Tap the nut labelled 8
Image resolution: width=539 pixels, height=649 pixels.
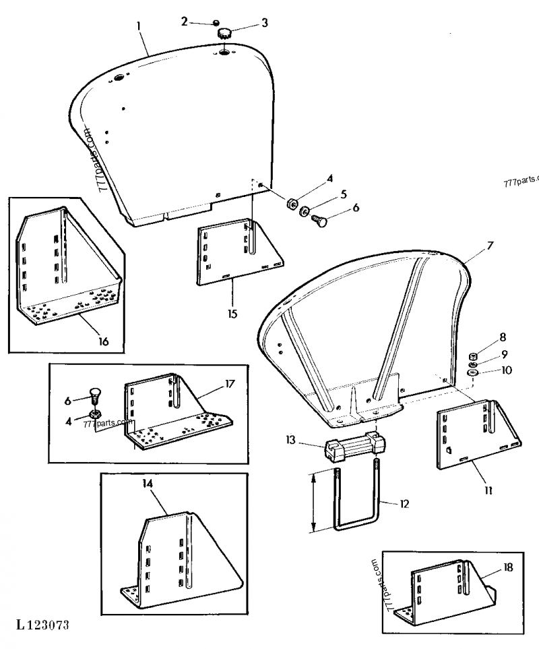[x=473, y=356]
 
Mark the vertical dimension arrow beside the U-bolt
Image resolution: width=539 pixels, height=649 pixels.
[x=313, y=502]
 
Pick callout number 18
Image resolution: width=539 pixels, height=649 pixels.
[x=508, y=567]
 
